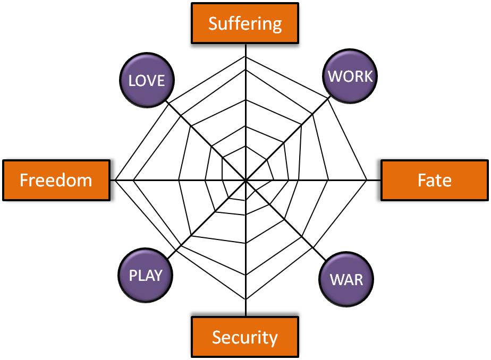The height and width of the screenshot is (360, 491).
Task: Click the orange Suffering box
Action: click(x=245, y=24)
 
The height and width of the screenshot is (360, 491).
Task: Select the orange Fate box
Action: click(x=434, y=180)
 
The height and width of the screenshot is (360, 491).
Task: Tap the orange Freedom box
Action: click(x=56, y=180)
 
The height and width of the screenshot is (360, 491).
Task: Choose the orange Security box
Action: click(x=245, y=337)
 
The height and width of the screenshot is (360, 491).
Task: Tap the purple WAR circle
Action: click(x=346, y=279)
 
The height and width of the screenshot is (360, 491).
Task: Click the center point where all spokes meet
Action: click(x=245, y=181)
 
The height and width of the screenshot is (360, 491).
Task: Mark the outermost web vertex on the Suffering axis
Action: click(x=245, y=56)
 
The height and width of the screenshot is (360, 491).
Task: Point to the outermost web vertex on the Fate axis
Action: click(x=367, y=181)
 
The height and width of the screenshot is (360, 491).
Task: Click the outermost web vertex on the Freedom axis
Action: click(x=114, y=181)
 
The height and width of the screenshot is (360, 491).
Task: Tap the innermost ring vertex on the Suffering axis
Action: click(x=245, y=145)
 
